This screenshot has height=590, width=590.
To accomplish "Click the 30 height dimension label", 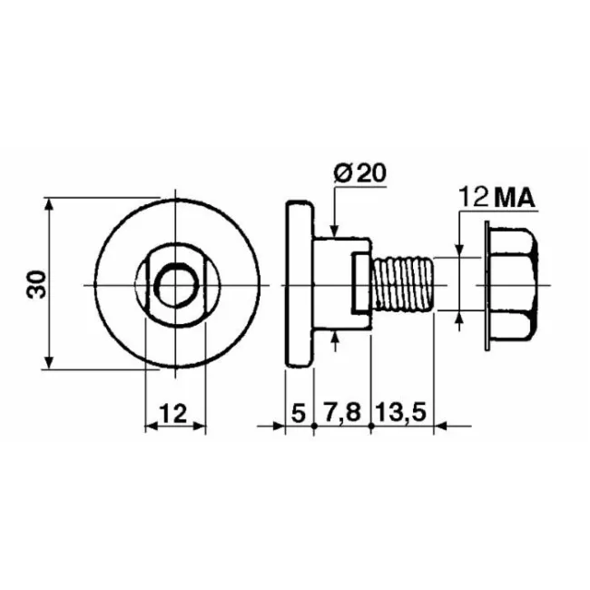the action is [x=36, y=284].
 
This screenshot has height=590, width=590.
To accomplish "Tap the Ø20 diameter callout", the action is [x=360, y=173].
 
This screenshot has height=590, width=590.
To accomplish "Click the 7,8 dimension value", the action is [x=342, y=413].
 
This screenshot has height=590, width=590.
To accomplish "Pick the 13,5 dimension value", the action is [x=401, y=413].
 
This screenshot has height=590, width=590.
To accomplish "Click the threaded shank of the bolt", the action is [x=403, y=284].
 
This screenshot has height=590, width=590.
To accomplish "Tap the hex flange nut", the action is [x=512, y=285].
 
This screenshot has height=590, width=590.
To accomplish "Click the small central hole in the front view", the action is [x=177, y=288].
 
